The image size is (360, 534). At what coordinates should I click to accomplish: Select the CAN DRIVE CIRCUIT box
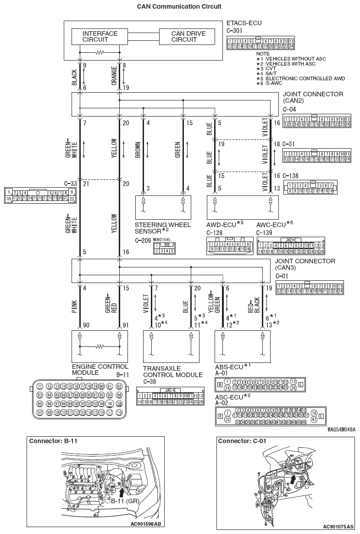coord(188,37)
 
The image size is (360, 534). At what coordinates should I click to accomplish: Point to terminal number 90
coord(85,325)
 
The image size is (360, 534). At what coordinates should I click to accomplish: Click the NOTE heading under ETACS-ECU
coord(263,54)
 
